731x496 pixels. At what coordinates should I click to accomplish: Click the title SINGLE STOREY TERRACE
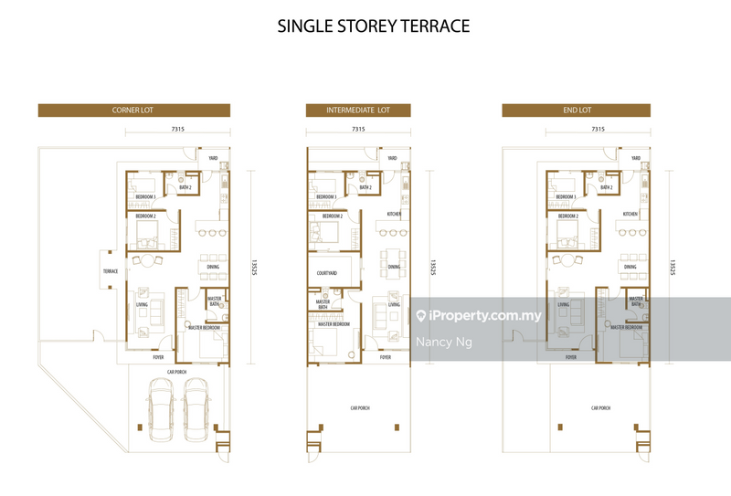tap(374, 26)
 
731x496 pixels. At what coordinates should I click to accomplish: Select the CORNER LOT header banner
tap(133, 111)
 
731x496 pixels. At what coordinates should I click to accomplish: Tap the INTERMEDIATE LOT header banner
tap(358, 111)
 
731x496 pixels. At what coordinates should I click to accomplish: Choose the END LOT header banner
tap(576, 111)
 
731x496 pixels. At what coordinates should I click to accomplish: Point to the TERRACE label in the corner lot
tap(111, 271)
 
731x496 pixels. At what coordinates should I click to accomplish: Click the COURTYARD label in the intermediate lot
tap(327, 272)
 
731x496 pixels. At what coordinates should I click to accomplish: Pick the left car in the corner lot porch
tap(161, 403)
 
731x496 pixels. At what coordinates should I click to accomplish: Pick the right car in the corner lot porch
tap(198, 403)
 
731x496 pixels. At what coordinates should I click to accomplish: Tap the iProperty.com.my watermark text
tap(484, 316)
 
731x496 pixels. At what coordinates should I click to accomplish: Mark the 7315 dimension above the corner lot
tap(177, 130)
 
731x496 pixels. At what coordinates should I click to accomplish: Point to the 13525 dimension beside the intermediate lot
tap(433, 267)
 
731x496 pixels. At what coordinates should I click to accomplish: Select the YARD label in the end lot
tap(636, 158)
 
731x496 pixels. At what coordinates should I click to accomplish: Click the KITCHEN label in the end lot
tap(630, 214)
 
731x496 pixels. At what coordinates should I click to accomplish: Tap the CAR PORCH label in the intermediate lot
tap(358, 408)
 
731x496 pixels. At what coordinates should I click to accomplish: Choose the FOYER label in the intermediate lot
tap(386, 357)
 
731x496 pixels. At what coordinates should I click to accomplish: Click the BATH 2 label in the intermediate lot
tap(365, 187)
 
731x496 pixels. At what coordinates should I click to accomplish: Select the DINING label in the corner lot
tap(212, 267)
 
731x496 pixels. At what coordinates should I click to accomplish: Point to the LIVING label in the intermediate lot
tap(394, 305)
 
